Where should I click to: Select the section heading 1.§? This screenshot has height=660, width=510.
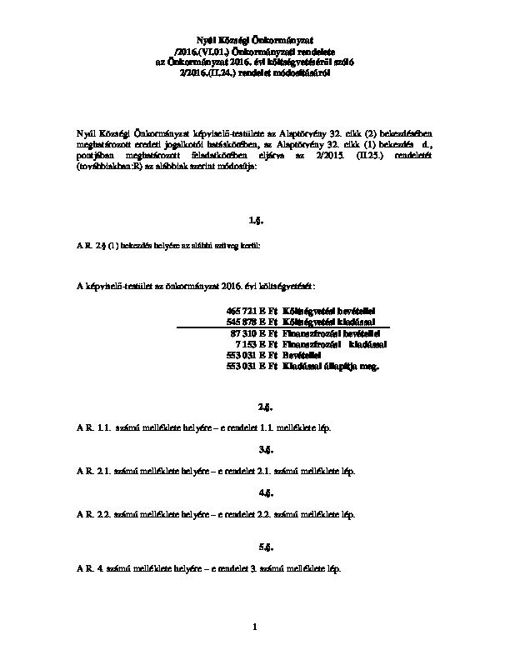(x=255, y=221)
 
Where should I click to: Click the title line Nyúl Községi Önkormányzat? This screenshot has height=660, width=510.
(x=256, y=39)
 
